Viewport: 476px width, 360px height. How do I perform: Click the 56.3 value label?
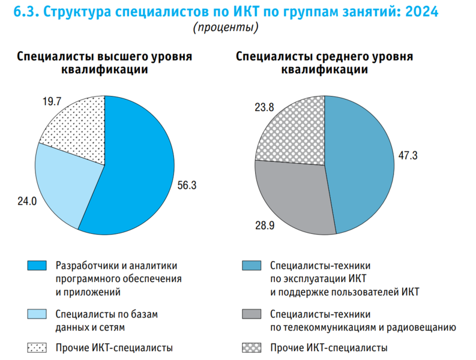188,185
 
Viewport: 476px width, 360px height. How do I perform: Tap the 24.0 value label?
27,202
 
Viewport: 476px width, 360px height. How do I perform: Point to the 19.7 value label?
52,101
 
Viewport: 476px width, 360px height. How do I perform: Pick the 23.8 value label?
264,107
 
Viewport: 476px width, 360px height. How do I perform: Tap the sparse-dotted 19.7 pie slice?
78,129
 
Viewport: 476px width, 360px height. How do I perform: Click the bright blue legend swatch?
37,265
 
